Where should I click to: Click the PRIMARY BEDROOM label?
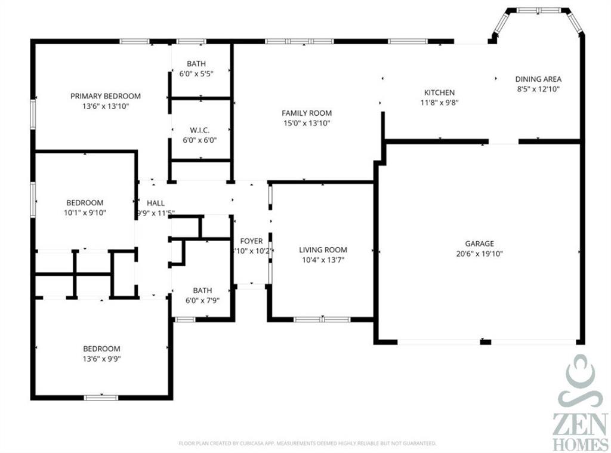click(x=106, y=96)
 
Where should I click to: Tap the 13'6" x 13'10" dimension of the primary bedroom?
click(x=106, y=106)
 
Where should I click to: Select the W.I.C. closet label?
click(x=199, y=130)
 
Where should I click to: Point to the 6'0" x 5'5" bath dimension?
click(x=196, y=74)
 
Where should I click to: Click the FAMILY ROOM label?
click(x=307, y=113)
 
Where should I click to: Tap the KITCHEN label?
click(x=439, y=93)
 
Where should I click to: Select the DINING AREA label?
click(x=538, y=79)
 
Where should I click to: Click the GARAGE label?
click(x=479, y=244)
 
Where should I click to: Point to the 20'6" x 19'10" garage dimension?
click(x=479, y=254)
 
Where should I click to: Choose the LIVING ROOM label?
click(x=323, y=250)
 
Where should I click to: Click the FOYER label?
click(x=251, y=241)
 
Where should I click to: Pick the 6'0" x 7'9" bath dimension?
click(x=198, y=301)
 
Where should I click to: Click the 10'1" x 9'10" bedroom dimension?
click(x=84, y=212)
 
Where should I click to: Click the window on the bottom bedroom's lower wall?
click(x=101, y=397)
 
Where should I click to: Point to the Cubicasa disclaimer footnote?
click(x=307, y=443)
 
